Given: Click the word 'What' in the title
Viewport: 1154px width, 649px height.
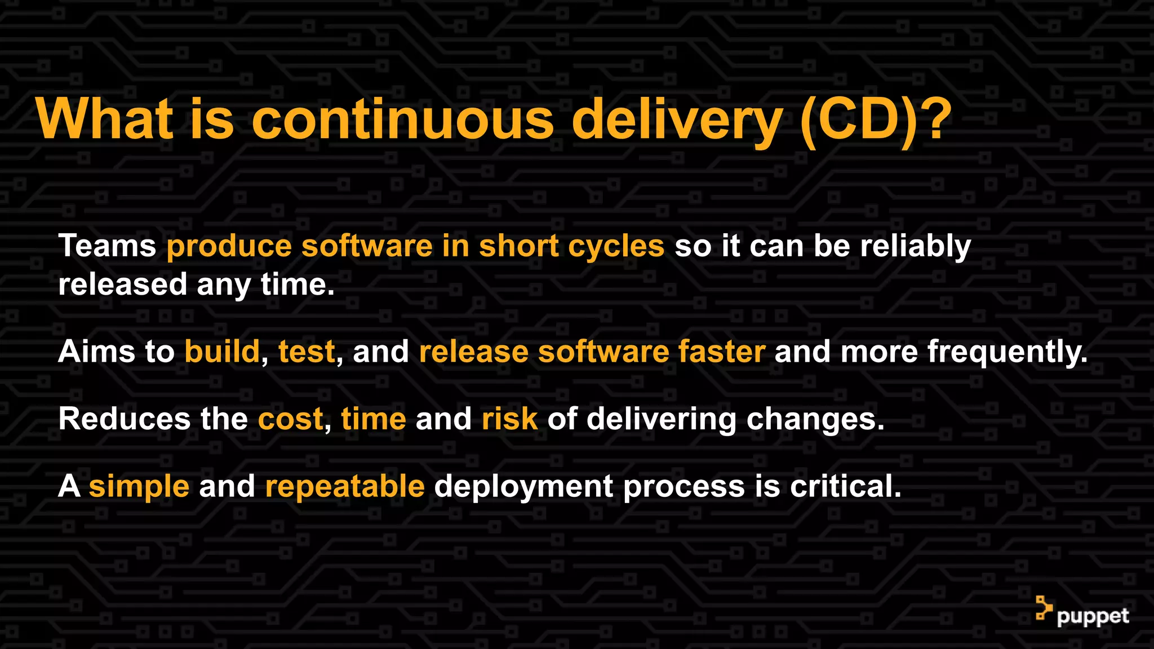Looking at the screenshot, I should (x=104, y=119).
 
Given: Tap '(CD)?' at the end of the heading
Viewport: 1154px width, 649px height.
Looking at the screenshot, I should (x=875, y=119).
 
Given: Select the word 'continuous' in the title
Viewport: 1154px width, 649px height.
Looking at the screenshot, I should (x=402, y=119).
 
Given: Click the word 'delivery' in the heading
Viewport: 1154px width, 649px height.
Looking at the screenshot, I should (x=676, y=119).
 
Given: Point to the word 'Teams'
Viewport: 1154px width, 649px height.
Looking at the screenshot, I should (x=107, y=246).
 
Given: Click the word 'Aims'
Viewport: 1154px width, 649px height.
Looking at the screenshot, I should (x=96, y=352).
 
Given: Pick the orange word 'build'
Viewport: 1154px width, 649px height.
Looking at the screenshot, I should (x=222, y=352).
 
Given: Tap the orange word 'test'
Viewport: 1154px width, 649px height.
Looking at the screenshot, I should (x=307, y=352).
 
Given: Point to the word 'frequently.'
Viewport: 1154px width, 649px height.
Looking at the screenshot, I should (x=1007, y=352).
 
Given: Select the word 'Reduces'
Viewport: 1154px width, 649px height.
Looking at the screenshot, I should (x=125, y=419).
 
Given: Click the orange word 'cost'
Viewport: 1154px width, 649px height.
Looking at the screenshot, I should (x=290, y=419).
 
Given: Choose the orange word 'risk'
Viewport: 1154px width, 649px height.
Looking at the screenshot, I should (x=509, y=419).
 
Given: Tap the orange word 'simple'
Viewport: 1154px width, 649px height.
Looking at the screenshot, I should (x=139, y=486).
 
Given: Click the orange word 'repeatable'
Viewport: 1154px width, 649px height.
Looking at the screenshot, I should (x=344, y=486).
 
